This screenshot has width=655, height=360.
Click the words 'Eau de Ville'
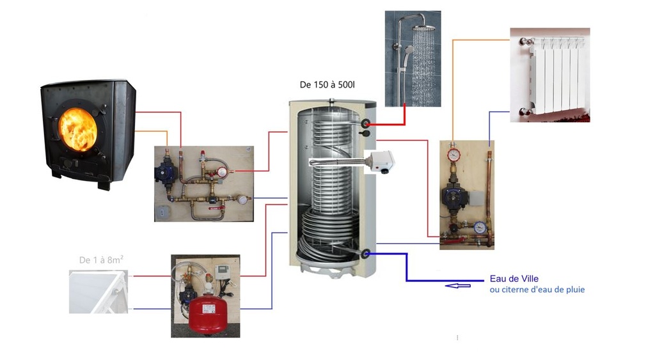pos(514,279)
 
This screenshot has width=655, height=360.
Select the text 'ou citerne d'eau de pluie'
pos(537,290)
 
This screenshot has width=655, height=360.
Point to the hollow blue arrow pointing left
pos(457,285)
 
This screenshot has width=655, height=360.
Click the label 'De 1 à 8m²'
pos(101,260)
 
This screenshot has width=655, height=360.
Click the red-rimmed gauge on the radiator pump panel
pos(454,154)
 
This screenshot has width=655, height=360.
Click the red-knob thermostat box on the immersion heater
pos(385,163)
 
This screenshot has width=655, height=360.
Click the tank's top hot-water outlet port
pos(366,123)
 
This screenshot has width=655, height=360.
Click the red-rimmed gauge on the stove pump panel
pos(221,171)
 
